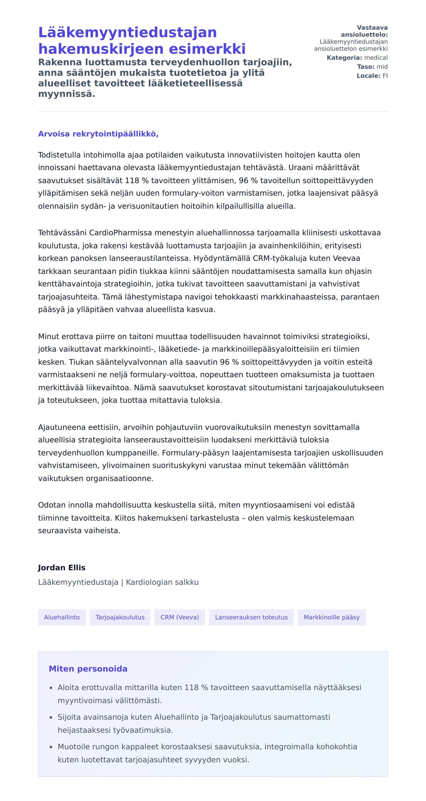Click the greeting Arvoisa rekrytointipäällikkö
point(98,134)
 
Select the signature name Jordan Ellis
point(62,568)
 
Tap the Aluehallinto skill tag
point(62,617)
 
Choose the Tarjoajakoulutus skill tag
point(120,617)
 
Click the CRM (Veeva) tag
point(180,617)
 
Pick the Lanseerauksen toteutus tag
point(251,617)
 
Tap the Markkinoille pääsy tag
point(332,617)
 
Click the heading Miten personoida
point(88,669)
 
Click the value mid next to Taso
point(382,67)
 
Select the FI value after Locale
point(385,76)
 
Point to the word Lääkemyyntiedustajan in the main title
point(127,32)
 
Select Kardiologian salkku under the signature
point(162,582)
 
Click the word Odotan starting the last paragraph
point(52,505)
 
